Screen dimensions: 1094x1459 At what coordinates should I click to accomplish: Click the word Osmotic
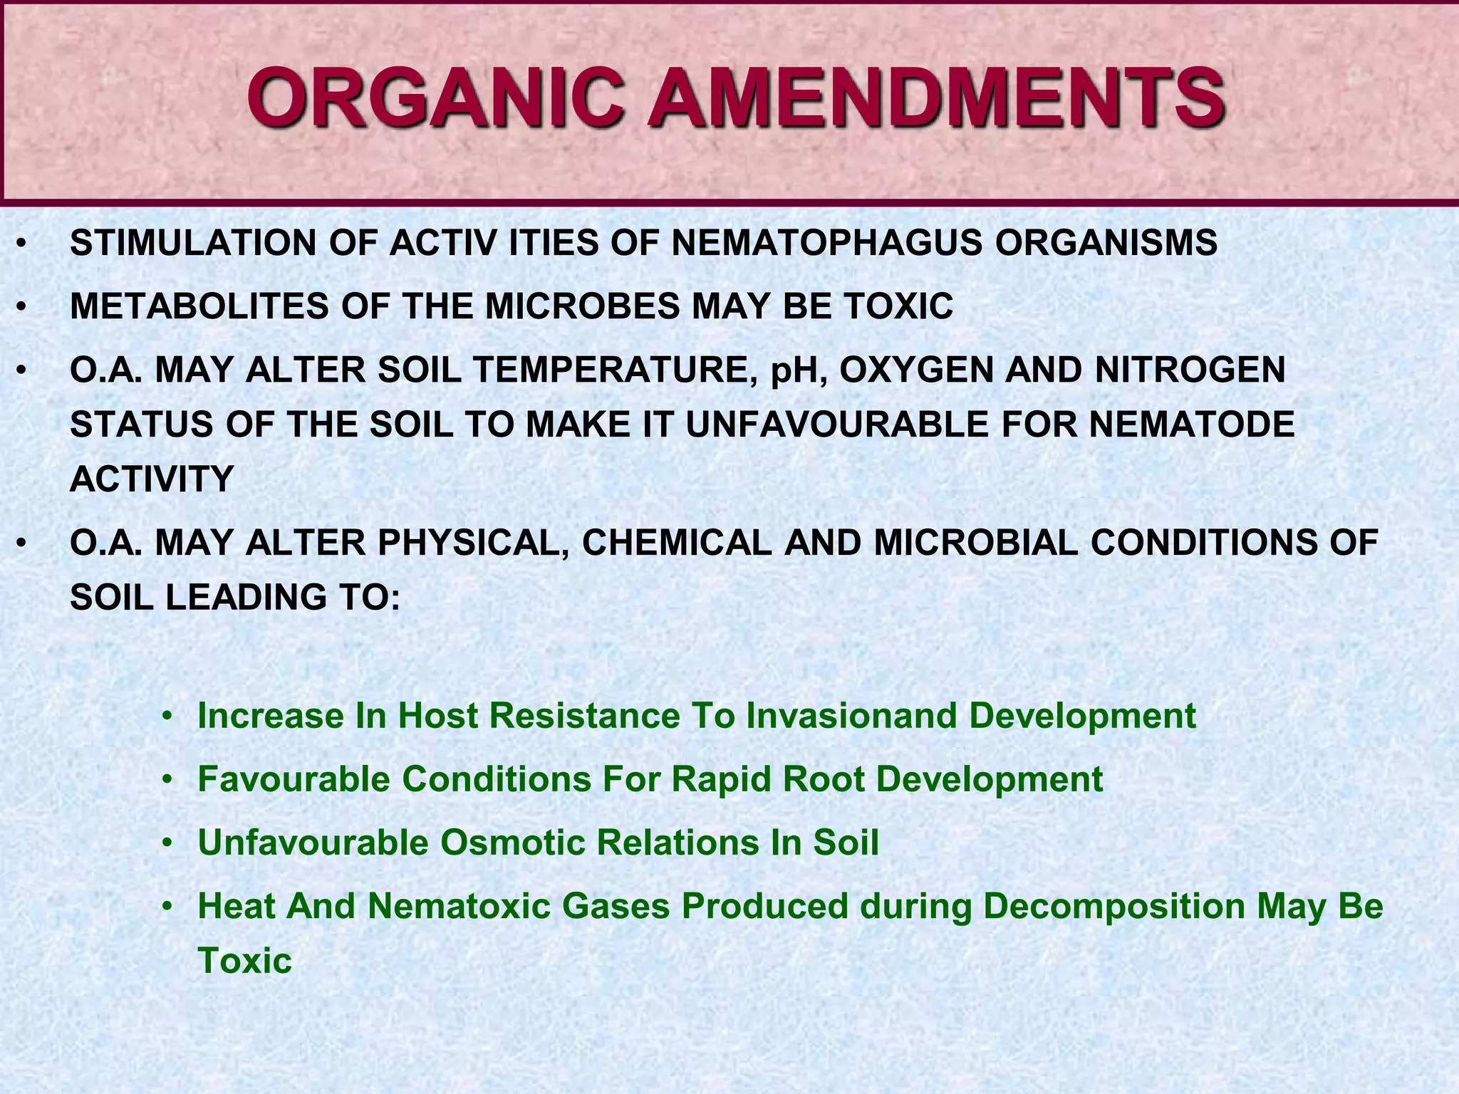click(x=512, y=843)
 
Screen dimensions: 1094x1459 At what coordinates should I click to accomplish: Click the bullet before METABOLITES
click(x=22, y=308)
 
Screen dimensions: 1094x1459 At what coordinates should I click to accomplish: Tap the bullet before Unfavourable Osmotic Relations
click(x=167, y=843)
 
